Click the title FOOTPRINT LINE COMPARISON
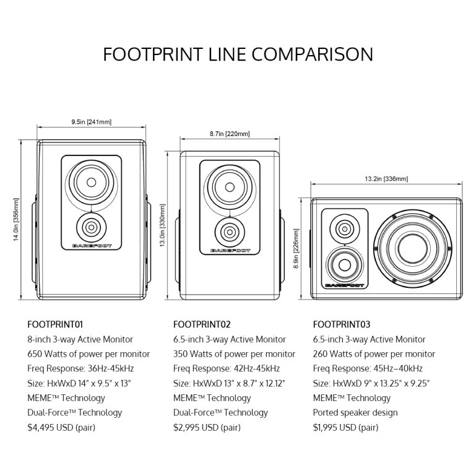click(238, 54)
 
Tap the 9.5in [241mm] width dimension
click(91, 122)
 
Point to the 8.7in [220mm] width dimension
click(230, 134)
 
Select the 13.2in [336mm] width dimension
click(386, 180)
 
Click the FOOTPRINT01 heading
click(56, 324)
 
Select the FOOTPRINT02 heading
click(202, 324)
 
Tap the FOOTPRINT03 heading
click(342, 324)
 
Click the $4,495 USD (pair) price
click(61, 427)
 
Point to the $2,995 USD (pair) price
click(207, 427)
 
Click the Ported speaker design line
click(355, 412)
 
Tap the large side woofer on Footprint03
click(412, 246)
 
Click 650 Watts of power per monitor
click(89, 354)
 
